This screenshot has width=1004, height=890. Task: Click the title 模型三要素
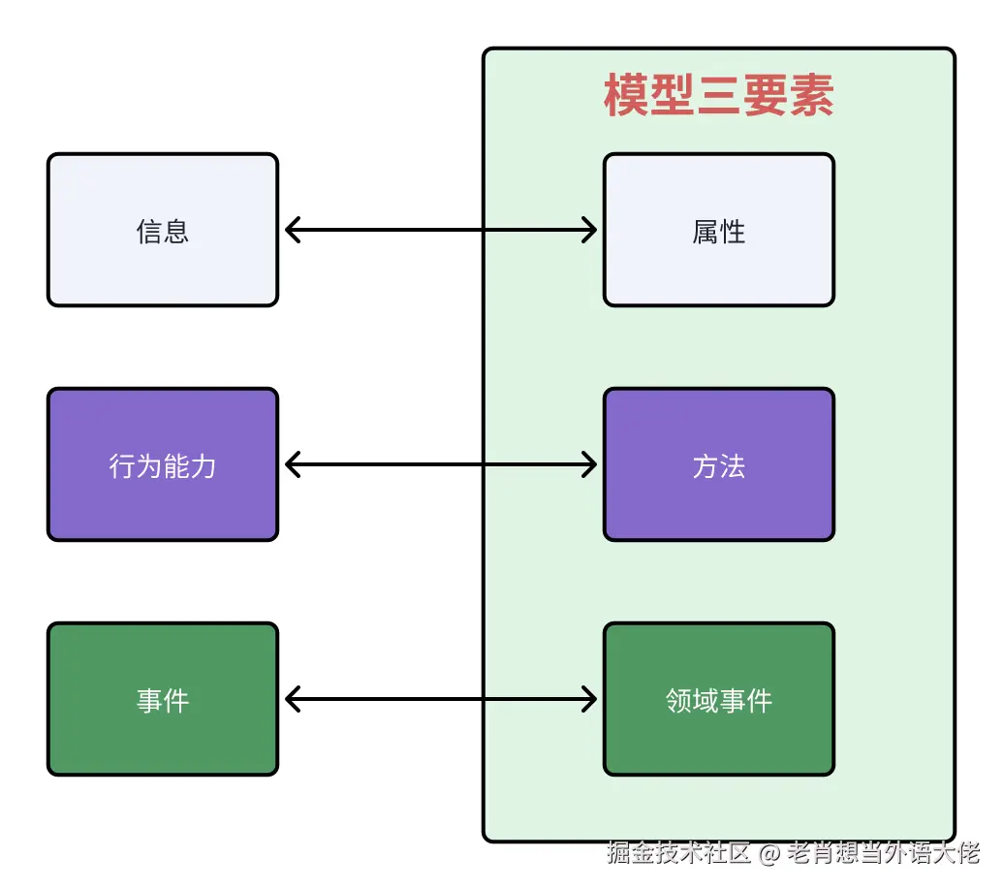[718, 96]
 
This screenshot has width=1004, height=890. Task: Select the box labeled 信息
[163, 230]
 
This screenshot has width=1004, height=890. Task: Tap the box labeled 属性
[718, 230]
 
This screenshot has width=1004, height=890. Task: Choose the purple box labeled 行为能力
[163, 464]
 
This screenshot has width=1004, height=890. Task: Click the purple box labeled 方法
[718, 464]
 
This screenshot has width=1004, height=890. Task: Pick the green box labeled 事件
[163, 699]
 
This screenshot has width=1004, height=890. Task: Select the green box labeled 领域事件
[718, 699]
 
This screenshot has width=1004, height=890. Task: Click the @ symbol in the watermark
[769, 853]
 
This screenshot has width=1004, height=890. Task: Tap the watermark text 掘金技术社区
[679, 853]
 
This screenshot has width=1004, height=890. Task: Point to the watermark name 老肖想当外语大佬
[883, 853]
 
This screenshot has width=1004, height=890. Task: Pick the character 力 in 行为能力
[204, 465]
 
